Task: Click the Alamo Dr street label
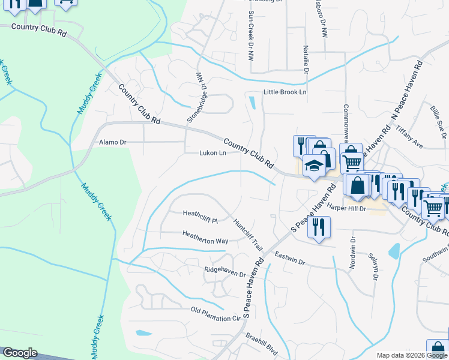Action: point(112,142)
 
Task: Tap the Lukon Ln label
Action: point(212,153)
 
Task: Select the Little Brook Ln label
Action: point(285,92)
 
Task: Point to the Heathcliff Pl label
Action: point(200,213)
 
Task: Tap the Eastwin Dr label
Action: point(290,262)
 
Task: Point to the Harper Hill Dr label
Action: point(346,206)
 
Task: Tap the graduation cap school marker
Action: point(314,165)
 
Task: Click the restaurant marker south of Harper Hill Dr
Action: point(318,227)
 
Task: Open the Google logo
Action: point(20,353)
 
